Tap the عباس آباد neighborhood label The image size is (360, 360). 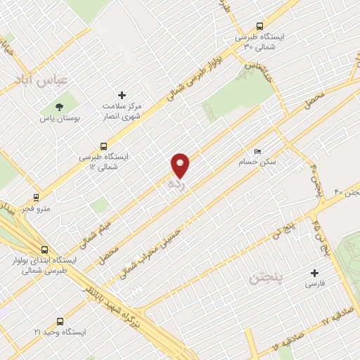(x=41, y=79)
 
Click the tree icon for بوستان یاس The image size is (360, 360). (x=59, y=107)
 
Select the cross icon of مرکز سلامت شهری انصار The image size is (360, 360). (x=122, y=95)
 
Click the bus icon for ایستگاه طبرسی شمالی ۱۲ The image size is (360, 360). (x=104, y=147)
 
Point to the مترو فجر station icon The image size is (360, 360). (x=36, y=198)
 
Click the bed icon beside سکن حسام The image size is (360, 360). (x=257, y=152)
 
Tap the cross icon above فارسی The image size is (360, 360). (x=314, y=273)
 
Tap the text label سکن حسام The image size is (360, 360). (x=276, y=162)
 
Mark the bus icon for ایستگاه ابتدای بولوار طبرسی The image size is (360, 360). (x=44, y=250)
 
